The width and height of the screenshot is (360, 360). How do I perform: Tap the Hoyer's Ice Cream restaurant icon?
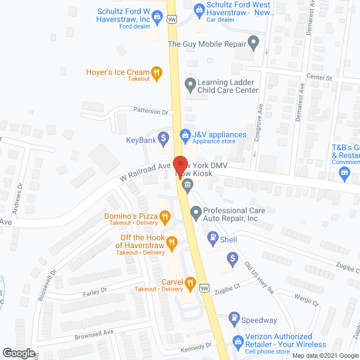[x=157, y=72]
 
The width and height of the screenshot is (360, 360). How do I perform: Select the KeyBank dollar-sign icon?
[x=163, y=137]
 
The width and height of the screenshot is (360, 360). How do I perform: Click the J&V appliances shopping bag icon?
[x=184, y=135]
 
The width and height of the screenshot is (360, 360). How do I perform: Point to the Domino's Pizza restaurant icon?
[x=164, y=216]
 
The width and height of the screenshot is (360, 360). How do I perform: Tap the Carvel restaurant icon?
[x=190, y=282]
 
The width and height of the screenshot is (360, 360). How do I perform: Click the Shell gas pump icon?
[x=213, y=239]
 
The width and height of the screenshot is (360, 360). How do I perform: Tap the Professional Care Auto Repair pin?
[x=196, y=213]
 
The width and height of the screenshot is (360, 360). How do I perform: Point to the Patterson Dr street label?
[x=151, y=111]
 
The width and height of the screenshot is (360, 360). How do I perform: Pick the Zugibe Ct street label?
[x=231, y=285]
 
